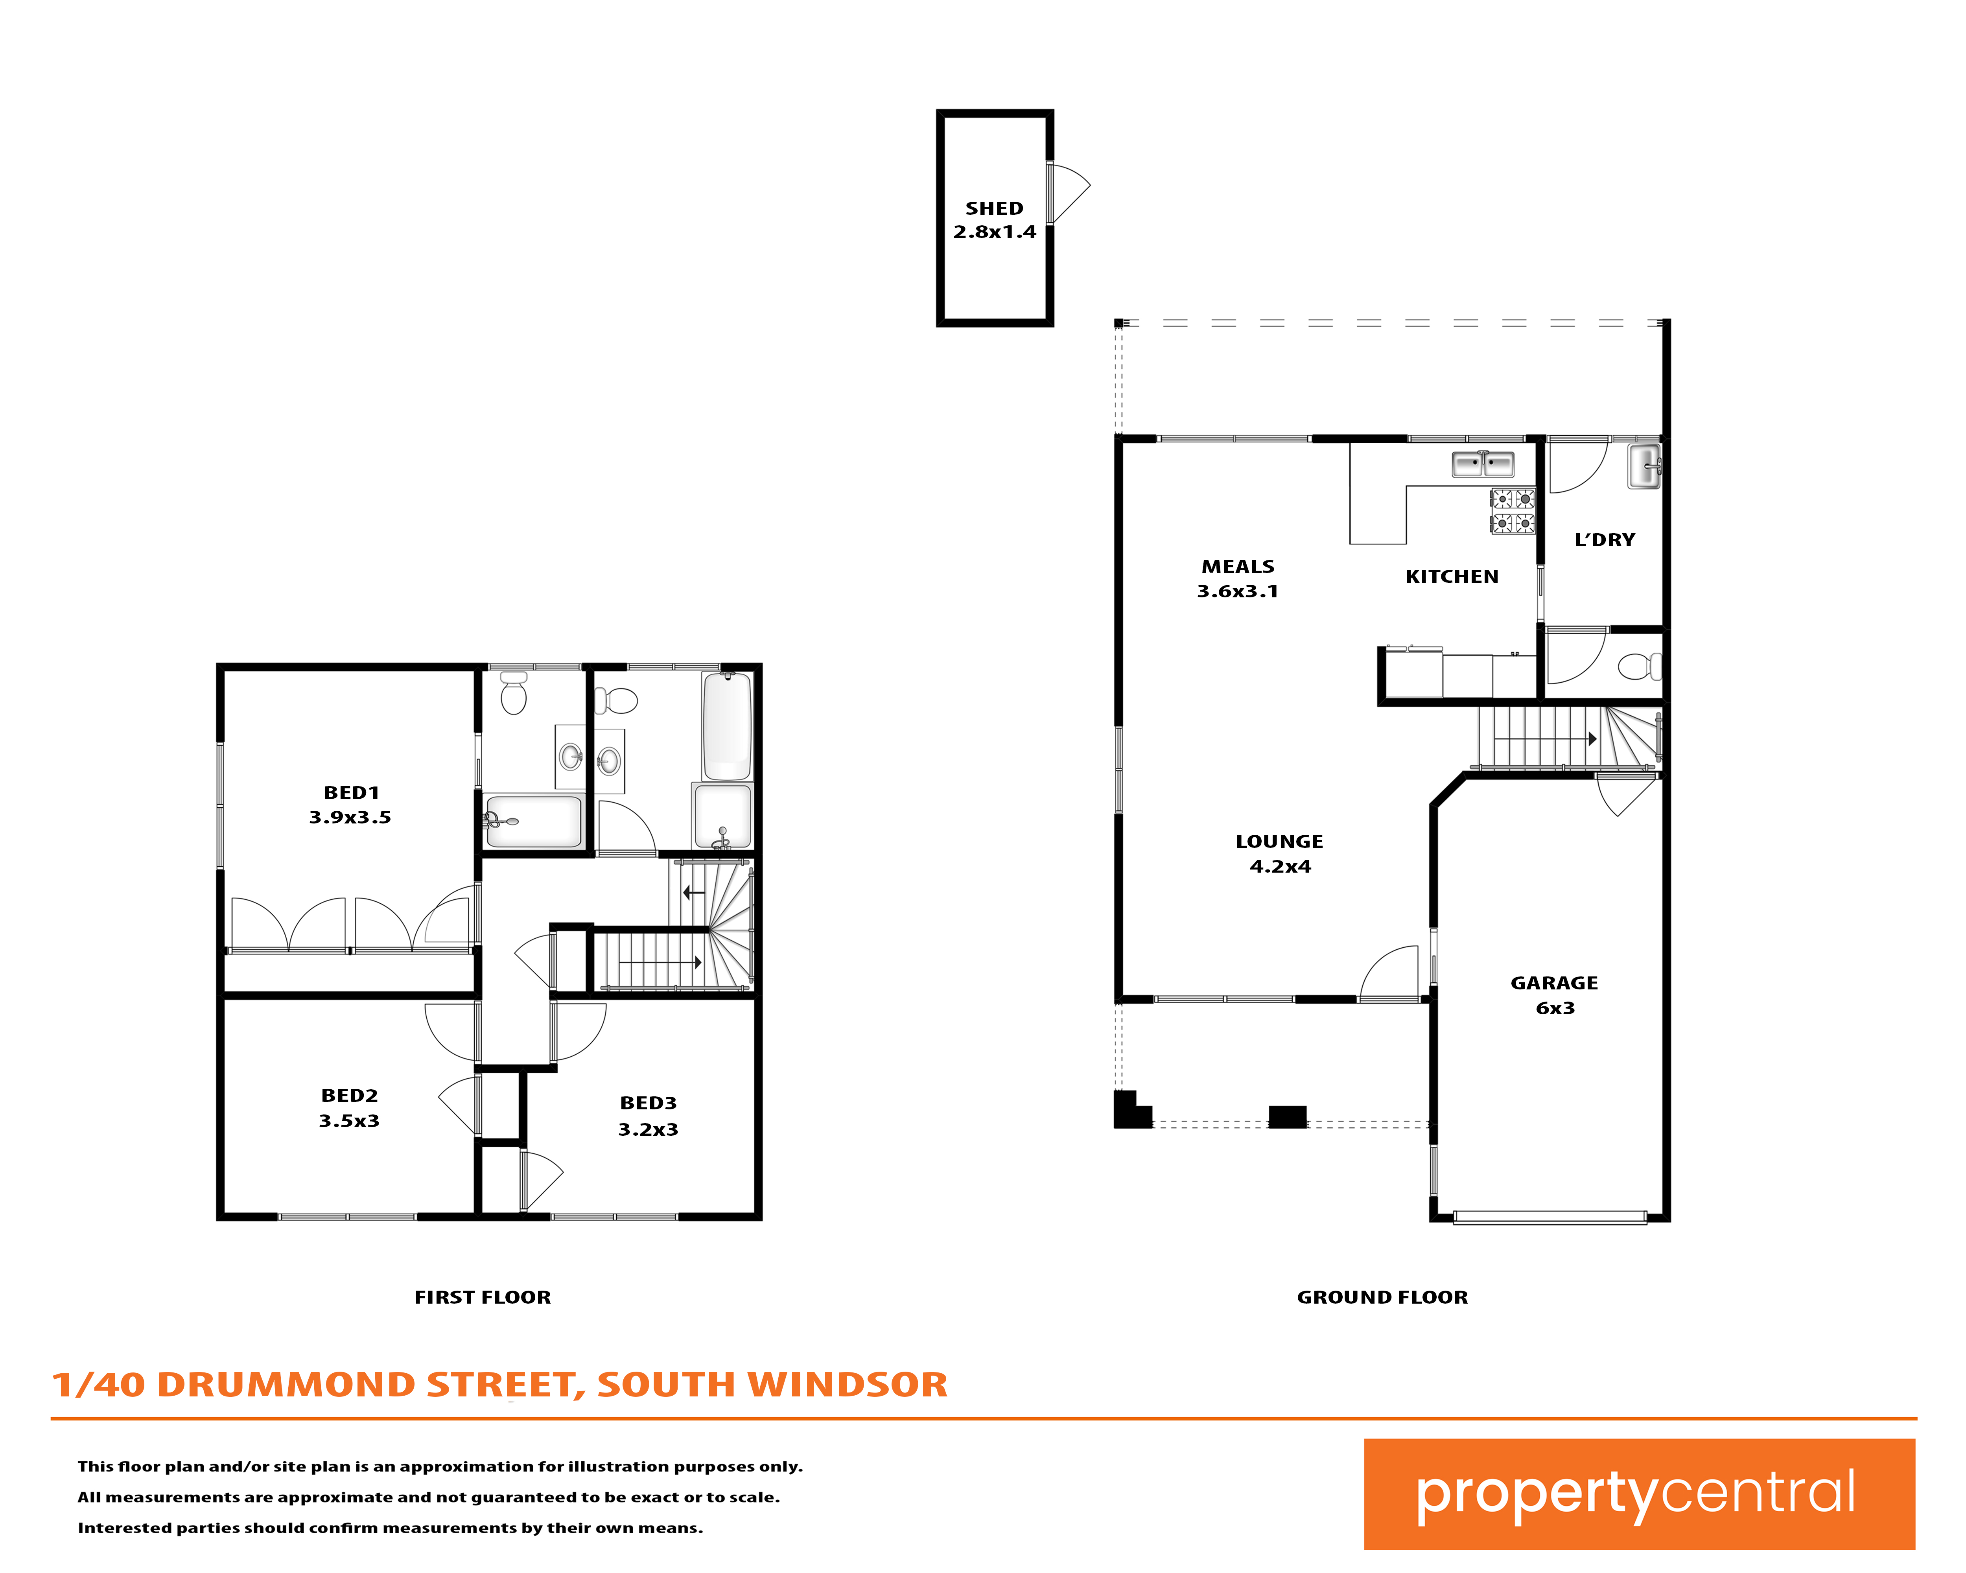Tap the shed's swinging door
(1067, 192)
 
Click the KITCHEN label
(1452, 577)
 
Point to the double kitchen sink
(1483, 464)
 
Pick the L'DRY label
(1605, 540)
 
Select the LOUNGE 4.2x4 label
(1279, 853)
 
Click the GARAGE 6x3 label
(1555, 995)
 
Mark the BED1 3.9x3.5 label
(350, 804)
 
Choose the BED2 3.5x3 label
(349, 1108)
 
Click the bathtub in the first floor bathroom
(727, 726)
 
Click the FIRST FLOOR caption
(483, 1298)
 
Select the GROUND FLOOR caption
(1382, 1298)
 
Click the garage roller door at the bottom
(1549, 1216)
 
